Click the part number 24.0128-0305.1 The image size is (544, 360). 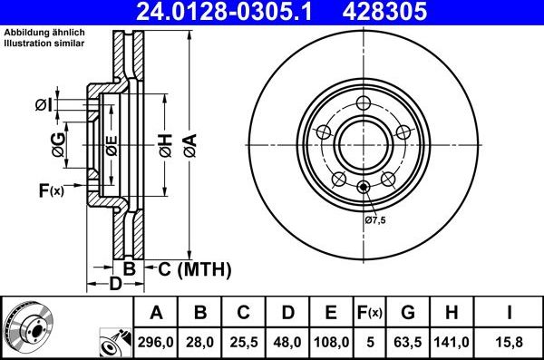230,13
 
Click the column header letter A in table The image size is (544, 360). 156,313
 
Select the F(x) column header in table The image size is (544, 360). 369,313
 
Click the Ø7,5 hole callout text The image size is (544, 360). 375,219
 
